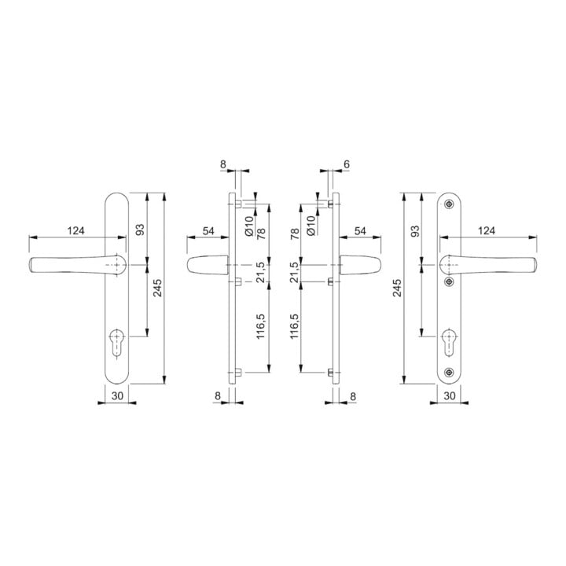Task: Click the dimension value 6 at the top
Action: point(347,164)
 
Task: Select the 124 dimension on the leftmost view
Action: point(75,230)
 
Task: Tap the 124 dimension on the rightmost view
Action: point(487,230)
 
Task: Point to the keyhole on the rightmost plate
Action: point(449,343)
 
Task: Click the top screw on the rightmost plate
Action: point(449,204)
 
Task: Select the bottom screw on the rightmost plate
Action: point(449,372)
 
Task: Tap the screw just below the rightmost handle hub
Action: point(449,281)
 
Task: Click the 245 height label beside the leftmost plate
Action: point(157,288)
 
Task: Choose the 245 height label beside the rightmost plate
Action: point(397,288)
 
